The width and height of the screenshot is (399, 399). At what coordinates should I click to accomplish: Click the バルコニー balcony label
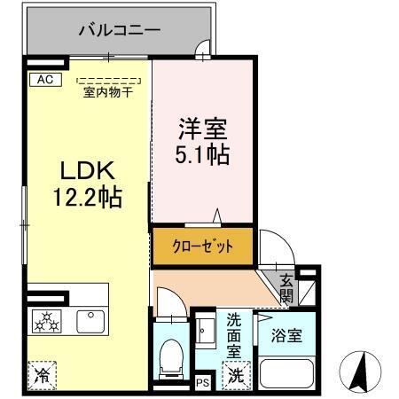[120, 30]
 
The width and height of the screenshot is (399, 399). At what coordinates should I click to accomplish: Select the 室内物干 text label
[106, 90]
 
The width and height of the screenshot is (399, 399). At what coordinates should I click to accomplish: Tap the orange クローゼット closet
[201, 246]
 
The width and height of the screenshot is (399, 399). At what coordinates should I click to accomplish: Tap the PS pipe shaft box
[201, 382]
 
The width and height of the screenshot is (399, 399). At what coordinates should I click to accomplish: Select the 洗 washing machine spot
[236, 375]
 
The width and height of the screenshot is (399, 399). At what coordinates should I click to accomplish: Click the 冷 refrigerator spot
[42, 375]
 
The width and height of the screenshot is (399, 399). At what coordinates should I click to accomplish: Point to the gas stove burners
[46, 321]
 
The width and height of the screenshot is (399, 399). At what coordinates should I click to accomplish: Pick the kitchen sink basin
[90, 320]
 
